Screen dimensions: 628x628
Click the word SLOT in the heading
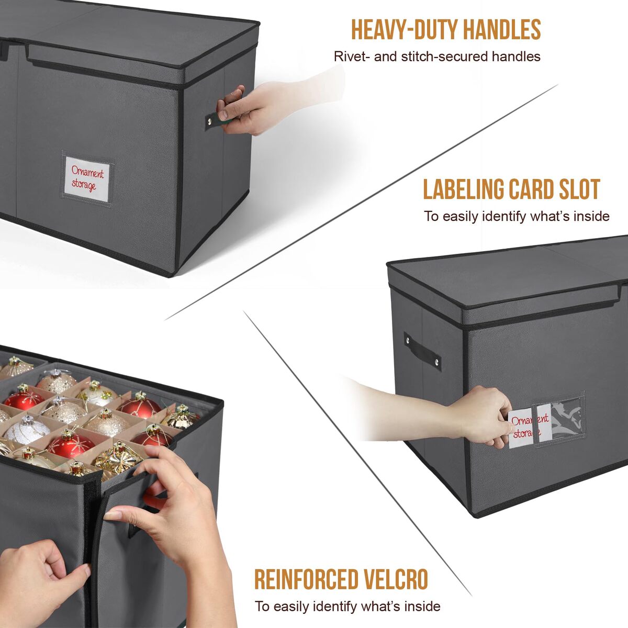pos(579,189)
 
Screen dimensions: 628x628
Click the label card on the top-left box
pos(87,179)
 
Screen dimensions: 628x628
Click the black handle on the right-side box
pos(423,352)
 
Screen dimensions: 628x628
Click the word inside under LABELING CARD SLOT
pos(591,216)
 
